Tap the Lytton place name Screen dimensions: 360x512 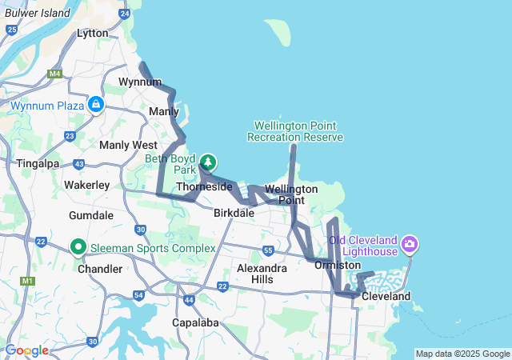coord(98,33)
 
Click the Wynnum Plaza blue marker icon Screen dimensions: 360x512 coord(96,104)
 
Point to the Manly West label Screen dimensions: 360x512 coord(128,145)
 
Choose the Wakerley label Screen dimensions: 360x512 coord(86,185)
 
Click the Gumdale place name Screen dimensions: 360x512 coord(91,216)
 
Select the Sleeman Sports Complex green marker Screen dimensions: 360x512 coord(78,247)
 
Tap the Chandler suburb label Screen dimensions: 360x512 coord(100,269)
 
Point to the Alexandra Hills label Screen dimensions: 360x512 coord(262,274)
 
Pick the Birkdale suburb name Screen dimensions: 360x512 coord(234,214)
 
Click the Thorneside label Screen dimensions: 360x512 coord(204,186)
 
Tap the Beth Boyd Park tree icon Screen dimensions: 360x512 coord(208,162)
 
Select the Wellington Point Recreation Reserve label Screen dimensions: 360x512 coord(295,131)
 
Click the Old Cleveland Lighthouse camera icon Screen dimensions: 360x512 coord(410,242)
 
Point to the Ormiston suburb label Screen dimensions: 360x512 coord(338,265)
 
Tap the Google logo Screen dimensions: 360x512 coord(26,350)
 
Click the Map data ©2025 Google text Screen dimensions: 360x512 coord(462,354)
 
